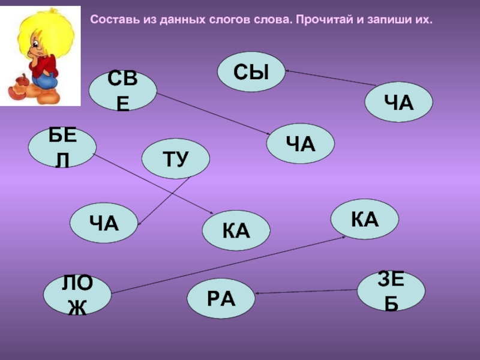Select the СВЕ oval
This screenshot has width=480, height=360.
click(x=122, y=91)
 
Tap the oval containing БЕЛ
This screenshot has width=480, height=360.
click(x=62, y=148)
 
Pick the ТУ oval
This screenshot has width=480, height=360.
click(x=176, y=158)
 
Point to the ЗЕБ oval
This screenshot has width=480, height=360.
click(x=391, y=290)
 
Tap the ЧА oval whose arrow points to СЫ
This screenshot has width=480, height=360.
click(x=400, y=101)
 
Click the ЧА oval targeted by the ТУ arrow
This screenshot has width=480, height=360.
click(x=103, y=223)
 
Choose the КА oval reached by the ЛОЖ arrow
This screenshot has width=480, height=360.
click(x=365, y=220)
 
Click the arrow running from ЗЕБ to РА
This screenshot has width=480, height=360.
click(x=306, y=292)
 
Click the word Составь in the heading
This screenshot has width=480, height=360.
click(x=108, y=20)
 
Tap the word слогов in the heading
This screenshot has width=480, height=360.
click(x=223, y=20)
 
